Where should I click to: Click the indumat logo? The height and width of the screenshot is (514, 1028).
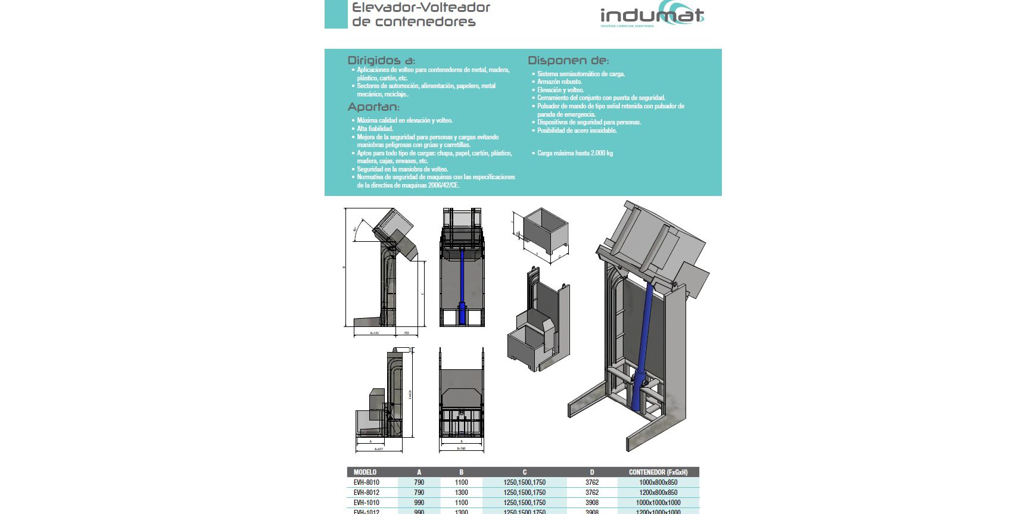pos(652,16)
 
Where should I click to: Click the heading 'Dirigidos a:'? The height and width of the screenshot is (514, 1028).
pos(381,60)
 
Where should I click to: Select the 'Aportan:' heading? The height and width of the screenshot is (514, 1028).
pos(373,107)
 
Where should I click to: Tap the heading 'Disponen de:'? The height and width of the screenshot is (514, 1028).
pos(568,60)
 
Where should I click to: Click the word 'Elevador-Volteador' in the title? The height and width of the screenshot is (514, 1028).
pos(420,8)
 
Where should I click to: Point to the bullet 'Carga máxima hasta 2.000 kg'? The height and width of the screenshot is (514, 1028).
pos(575,153)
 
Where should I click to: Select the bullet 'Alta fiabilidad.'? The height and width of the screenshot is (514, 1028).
pos(375,129)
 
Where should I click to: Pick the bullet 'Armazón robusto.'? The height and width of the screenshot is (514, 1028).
pos(559,82)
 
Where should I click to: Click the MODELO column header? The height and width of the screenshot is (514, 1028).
pos(365,472)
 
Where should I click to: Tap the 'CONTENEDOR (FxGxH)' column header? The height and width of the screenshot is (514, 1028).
pos(658,472)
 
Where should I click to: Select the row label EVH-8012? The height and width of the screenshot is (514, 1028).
pos(366,493)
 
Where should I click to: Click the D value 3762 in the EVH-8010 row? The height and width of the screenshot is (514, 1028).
pos(591,482)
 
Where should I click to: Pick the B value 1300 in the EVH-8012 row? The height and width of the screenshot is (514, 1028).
pos(461,493)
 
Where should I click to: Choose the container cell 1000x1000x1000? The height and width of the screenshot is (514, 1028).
pos(658,503)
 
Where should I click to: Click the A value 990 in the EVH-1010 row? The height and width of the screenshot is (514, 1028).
pos(419,503)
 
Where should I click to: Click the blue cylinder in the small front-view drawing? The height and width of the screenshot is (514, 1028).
pos(462,286)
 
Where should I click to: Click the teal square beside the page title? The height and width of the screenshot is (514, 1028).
pos(335,14)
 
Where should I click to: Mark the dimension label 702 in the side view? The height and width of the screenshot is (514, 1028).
pos(406,333)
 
